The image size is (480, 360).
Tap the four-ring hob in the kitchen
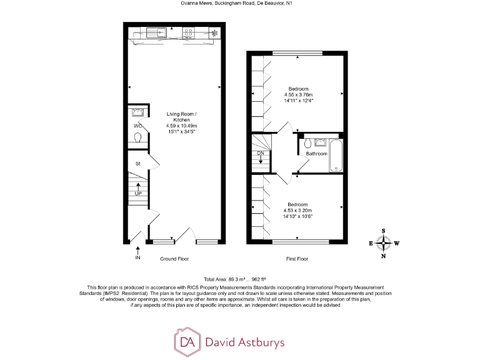coord(189,32)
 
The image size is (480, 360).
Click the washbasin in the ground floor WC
coord(138,112)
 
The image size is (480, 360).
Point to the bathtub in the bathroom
coord(336,156)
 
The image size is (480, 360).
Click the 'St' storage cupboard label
coord(137,164)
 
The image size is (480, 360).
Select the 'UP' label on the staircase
coord(138,193)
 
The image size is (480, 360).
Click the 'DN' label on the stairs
coord(261,153)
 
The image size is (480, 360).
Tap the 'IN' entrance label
coord(137,257)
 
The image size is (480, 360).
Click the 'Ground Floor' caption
coord(174,259)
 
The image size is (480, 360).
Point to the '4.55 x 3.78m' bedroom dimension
coord(298,95)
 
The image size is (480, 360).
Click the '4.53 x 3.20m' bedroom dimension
coord(297,211)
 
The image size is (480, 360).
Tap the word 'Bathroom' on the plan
coord(316,154)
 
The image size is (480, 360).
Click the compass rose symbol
coord(384,242)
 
